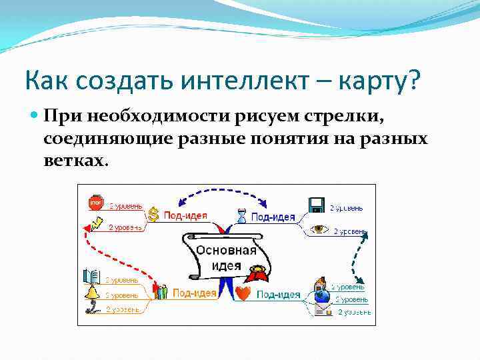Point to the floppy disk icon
point(316,204)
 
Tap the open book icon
point(91,276)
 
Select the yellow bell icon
point(91,291)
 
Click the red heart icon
point(243,293)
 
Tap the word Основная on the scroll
point(226,251)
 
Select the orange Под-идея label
point(194,292)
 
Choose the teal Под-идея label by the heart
point(279,294)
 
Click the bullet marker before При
point(35,116)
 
